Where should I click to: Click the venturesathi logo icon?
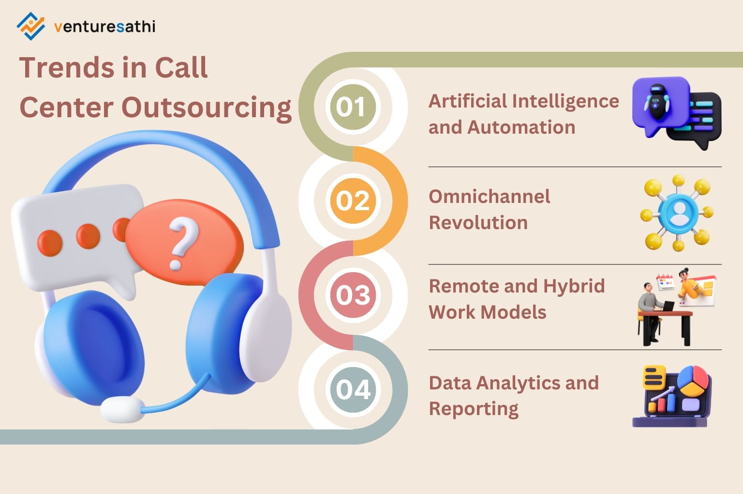click(30, 26)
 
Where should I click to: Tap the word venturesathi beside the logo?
click(104, 27)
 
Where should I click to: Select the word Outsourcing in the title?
click(207, 108)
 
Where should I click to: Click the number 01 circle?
click(352, 107)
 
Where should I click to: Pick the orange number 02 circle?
click(353, 201)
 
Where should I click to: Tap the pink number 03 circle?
click(353, 295)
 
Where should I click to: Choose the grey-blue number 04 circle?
click(353, 389)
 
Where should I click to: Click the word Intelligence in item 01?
click(565, 102)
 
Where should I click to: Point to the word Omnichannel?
click(489, 197)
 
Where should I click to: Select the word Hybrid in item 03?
click(574, 286)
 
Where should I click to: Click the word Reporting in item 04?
click(474, 409)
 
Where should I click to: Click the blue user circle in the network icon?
click(678, 212)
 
